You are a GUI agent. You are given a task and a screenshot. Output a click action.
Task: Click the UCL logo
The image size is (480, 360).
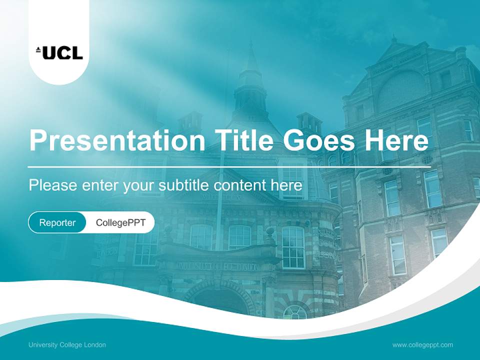pyautogui.click(x=59, y=52)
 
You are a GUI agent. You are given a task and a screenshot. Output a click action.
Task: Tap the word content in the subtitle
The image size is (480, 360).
pyautogui.click(x=240, y=185)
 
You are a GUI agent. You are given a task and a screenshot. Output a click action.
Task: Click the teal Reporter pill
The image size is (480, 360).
pyautogui.click(x=57, y=222)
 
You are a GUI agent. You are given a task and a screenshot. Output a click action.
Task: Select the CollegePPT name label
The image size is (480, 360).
pyautogui.click(x=120, y=222)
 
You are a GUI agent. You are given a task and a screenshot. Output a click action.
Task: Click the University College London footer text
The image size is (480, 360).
pyautogui.click(x=67, y=344)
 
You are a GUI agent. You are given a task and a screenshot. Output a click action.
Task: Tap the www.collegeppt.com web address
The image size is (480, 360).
pyautogui.click(x=422, y=344)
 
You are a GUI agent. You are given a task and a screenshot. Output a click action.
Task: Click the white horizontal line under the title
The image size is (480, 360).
pyautogui.click(x=229, y=166)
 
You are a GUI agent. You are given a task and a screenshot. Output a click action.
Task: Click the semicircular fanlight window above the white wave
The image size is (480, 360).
pyautogui.click(x=295, y=312)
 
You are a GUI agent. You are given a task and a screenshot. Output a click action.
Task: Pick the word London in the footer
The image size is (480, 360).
pyautogui.click(x=95, y=344)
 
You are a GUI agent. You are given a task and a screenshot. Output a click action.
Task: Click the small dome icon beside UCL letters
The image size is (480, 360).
pyautogui.click(x=38, y=49)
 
